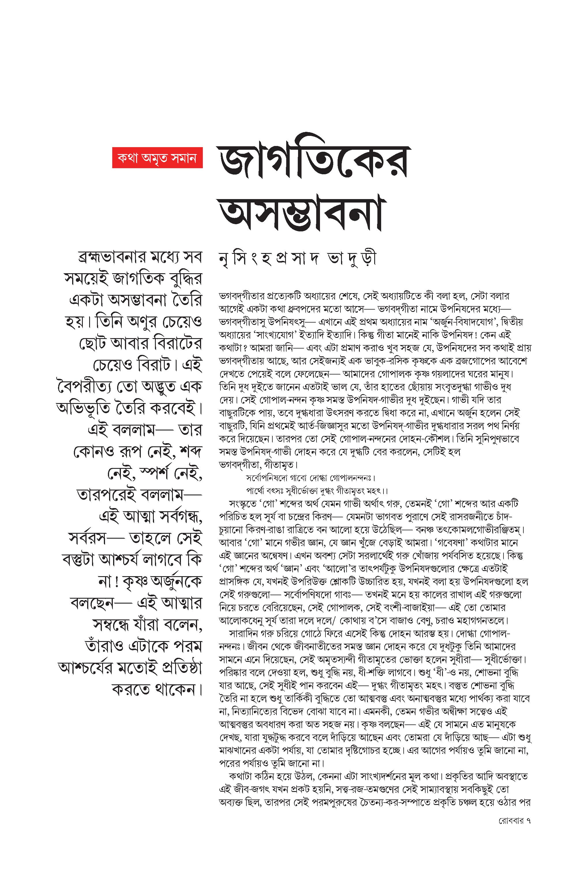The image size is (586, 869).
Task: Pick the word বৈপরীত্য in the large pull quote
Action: pyautogui.click(x=89, y=387)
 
